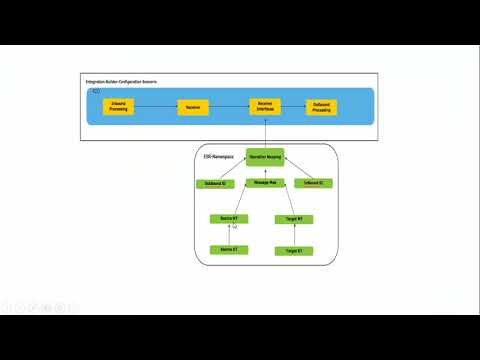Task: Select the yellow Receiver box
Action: point(192,107)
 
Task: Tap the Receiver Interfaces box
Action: point(265,107)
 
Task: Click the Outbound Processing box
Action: point(321,107)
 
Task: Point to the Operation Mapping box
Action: point(265,157)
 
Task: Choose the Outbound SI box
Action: point(215,184)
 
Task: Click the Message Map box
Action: point(265,183)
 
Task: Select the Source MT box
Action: point(228,218)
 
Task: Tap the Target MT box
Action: point(293,218)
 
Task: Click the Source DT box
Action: point(228,249)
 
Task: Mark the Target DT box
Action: point(293,250)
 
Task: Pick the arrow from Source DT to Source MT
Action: point(228,234)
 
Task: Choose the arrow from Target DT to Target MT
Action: point(293,234)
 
